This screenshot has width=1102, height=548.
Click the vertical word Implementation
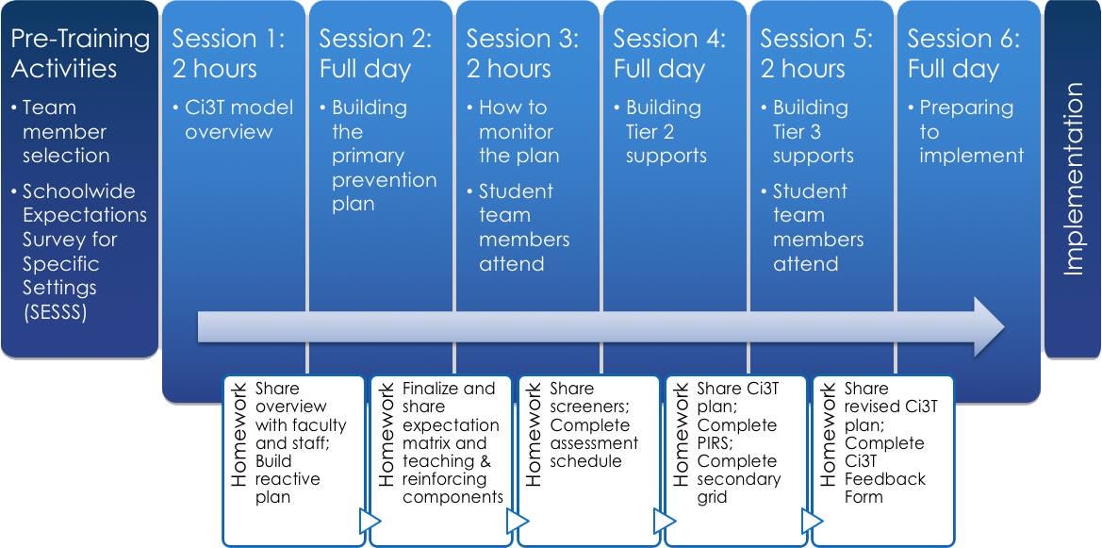click(1074, 180)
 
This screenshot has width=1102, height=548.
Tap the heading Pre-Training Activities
click(79, 54)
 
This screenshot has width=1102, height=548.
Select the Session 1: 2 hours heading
click(228, 54)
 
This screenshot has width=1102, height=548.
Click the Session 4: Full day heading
click(669, 54)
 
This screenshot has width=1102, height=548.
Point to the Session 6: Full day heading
click(963, 54)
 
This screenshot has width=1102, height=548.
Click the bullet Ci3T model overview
click(238, 120)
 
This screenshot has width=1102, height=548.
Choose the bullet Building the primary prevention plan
click(383, 156)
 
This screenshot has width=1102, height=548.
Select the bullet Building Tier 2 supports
click(666, 132)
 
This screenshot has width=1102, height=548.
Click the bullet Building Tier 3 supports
click(813, 132)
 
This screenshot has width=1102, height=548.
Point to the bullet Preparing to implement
click(971, 132)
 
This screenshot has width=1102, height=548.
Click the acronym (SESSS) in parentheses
click(56, 312)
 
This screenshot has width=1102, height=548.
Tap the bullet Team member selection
click(65, 132)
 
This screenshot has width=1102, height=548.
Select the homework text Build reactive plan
click(288, 479)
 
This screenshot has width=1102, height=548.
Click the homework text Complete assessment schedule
click(594, 443)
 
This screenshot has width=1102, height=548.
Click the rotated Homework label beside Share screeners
click(534, 434)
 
